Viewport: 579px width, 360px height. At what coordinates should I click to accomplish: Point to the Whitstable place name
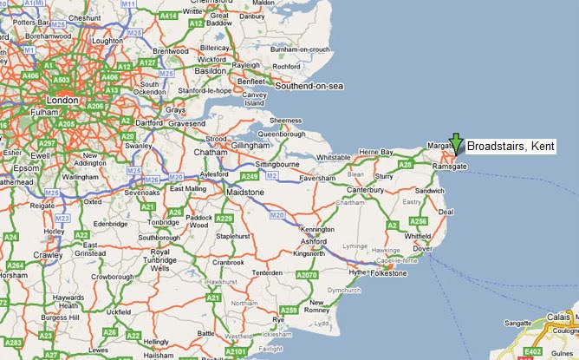coord(334,157)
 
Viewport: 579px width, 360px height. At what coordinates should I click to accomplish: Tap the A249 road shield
coord(250,177)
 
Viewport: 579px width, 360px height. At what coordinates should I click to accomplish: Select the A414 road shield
coord(169,16)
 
